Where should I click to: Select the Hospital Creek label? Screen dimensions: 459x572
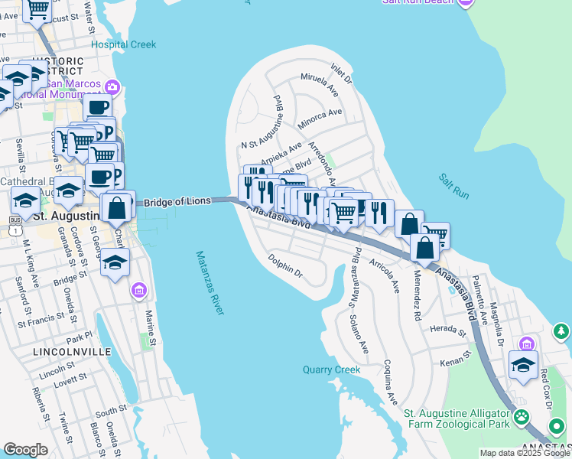click(x=123, y=44)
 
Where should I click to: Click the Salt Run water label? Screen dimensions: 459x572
click(x=453, y=187)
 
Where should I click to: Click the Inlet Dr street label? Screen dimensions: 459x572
click(x=341, y=73)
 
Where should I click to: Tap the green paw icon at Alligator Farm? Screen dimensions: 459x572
click(x=522, y=417)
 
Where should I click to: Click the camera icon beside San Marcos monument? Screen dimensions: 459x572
click(x=113, y=86)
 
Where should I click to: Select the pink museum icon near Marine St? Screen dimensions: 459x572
click(x=138, y=290)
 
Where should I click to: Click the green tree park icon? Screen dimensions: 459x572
click(x=561, y=330)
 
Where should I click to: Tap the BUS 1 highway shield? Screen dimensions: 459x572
click(x=15, y=220)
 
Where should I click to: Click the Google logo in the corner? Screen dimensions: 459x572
click(x=25, y=450)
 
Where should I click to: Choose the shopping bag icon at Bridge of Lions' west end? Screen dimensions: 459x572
click(x=117, y=206)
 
